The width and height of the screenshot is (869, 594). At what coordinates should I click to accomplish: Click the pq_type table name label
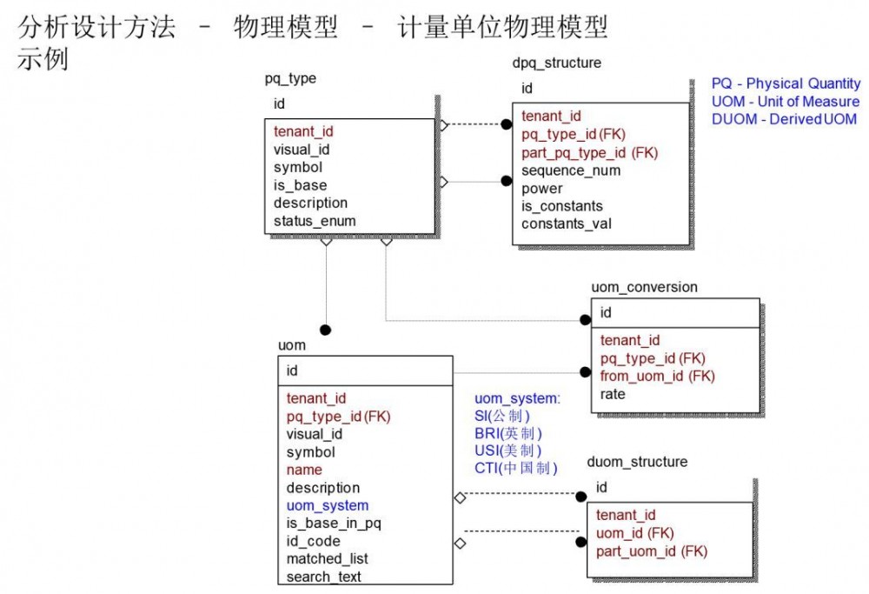(290, 79)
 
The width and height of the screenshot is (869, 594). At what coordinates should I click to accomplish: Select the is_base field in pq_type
(300, 185)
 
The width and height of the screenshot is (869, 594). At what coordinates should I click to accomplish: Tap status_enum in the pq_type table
(315, 221)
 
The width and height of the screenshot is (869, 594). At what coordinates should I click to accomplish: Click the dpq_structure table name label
(556, 63)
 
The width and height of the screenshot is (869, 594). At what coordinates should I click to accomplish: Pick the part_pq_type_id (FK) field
(589, 152)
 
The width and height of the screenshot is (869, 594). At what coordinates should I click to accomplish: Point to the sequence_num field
(570, 170)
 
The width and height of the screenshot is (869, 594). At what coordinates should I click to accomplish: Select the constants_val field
(566, 224)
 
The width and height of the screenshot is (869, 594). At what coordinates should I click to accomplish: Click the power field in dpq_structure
(541, 189)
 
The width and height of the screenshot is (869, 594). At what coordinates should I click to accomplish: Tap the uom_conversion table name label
(644, 287)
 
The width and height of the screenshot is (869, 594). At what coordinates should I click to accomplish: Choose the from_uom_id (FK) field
(657, 377)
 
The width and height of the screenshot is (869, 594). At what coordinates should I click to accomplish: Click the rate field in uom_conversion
(613, 394)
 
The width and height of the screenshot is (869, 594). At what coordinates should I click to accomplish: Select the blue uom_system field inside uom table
(327, 505)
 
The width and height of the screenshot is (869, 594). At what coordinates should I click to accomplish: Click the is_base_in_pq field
(334, 524)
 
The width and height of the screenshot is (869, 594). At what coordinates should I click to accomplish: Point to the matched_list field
(327, 559)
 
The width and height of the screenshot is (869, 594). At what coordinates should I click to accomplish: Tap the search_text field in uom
(323, 577)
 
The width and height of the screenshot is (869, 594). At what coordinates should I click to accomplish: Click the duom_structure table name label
(637, 462)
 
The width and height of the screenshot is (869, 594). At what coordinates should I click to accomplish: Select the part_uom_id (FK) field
(651, 551)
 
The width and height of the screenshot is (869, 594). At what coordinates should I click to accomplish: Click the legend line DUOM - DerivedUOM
(784, 119)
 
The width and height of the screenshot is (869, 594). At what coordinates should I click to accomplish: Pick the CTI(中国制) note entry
(516, 469)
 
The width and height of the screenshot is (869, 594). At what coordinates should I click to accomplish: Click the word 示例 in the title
(42, 61)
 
